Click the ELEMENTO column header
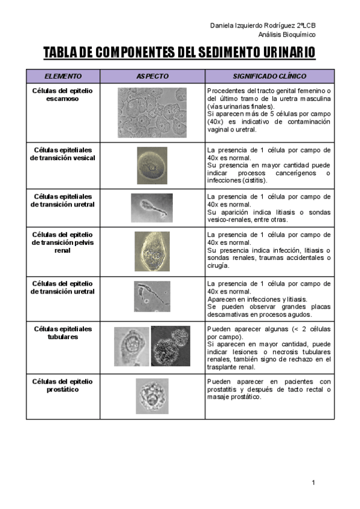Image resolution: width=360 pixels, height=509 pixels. [x=63, y=76]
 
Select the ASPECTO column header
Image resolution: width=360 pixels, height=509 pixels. [x=152, y=76]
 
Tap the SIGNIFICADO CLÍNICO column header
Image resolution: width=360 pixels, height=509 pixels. [x=269, y=76]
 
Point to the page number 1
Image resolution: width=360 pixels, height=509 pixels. [x=313, y=483]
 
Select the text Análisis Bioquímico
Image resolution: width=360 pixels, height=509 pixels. [x=287, y=34]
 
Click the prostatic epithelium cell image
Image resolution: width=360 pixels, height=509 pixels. [x=152, y=396]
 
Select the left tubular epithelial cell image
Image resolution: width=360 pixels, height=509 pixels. [x=131, y=346]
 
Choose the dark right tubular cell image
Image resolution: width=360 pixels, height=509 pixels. [x=170, y=346]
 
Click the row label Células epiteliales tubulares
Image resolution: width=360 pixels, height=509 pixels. [x=63, y=333]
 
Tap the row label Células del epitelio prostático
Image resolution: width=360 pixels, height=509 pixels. [x=63, y=385]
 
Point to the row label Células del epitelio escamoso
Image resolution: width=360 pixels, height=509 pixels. [x=63, y=94]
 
